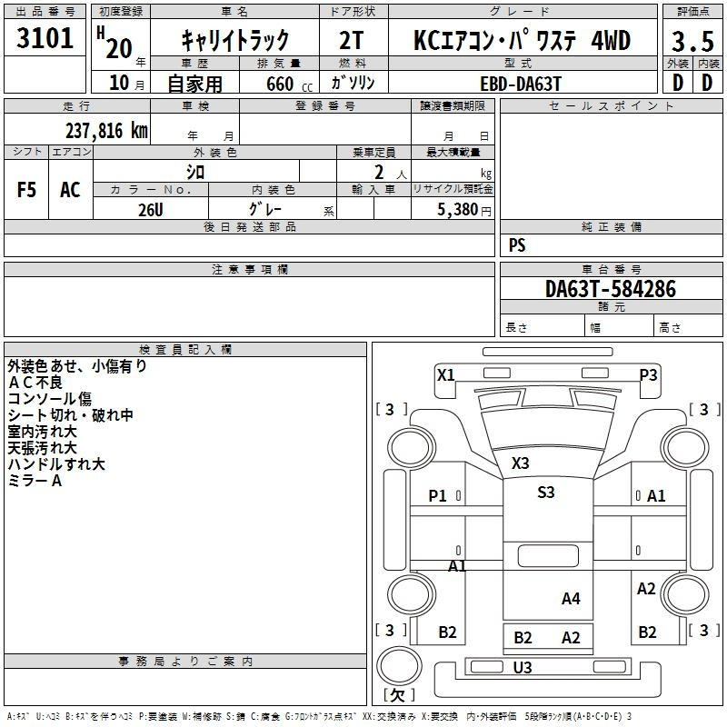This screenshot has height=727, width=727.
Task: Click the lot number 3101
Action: pyautogui.click(x=45, y=38)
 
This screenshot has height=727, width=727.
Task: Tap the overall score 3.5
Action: pyautogui.click(x=692, y=42)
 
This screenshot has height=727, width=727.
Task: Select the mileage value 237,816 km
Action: pyautogui.click(x=106, y=131)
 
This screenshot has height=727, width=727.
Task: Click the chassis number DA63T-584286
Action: pyautogui.click(x=611, y=289)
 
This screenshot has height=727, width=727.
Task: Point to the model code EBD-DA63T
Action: pyautogui.click(x=521, y=84)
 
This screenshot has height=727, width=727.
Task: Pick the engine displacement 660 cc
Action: pyautogui.click(x=289, y=84)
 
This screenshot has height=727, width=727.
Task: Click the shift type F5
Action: pyautogui.click(x=26, y=190)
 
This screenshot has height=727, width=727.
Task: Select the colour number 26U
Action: pyautogui.click(x=151, y=210)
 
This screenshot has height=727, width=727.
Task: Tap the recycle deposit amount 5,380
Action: pyautogui.click(x=458, y=210)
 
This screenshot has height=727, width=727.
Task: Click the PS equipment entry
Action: pyautogui.click(x=517, y=245)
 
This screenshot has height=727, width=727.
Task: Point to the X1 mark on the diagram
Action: pyautogui.click(x=446, y=374)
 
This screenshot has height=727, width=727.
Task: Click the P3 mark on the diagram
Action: pyautogui.click(x=648, y=374)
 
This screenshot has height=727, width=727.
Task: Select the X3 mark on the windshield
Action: pyautogui.click(x=520, y=463)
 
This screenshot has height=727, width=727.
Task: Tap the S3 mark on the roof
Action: pyautogui.click(x=546, y=492)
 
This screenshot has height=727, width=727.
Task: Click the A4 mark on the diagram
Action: pyautogui.click(x=571, y=599)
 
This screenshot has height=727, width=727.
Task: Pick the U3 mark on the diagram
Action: pyautogui.click(x=523, y=667)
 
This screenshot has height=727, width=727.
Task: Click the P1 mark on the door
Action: pyautogui.click(x=437, y=496)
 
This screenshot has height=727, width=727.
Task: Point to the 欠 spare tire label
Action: pyautogui.click(x=399, y=694)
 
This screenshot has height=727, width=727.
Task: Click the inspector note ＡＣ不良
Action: pyautogui.click(x=35, y=383)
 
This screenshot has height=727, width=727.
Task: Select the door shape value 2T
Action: pyautogui.click(x=351, y=40)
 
